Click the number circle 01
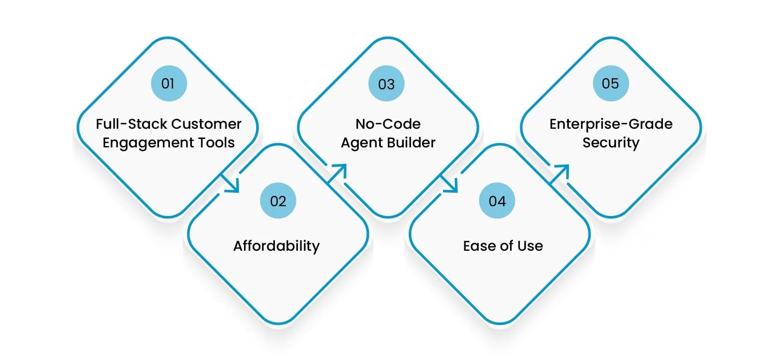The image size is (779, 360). point(169,83)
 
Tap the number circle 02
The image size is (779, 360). point(278,201)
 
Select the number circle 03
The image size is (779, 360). point(386,84)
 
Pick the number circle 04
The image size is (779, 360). point(497,201)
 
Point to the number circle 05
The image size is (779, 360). point(610,83)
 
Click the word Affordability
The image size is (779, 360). point(277,246)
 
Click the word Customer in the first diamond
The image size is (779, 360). point(206,124)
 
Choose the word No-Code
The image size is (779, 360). point(388,124)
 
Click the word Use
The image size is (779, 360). point(530,246)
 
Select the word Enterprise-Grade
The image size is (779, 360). point(611,124)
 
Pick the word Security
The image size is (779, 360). point(611,143)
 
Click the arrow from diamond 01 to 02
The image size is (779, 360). point(231,184)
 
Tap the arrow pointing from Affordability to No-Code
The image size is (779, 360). point(338,173)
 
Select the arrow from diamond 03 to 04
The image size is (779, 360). point(450,184)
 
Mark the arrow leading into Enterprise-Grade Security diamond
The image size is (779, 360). point(560,174)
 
